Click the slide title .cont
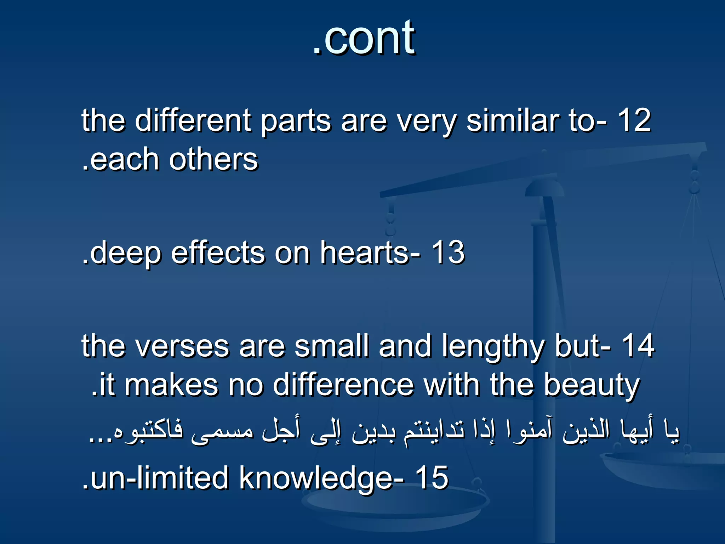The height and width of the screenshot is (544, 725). point(364,38)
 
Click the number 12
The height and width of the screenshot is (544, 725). point(634,120)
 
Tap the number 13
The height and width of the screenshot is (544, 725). point(448,252)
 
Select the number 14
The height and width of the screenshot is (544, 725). point(638,346)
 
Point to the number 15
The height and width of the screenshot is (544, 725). point(432,478)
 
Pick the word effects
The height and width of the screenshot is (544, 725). point(218,252)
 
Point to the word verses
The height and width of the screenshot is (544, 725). point(183,346)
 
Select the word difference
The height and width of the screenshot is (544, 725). point(343,385)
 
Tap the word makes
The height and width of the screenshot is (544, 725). point(171,385)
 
